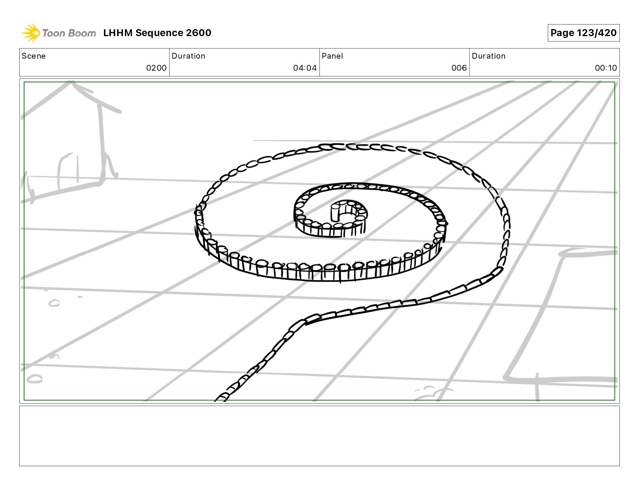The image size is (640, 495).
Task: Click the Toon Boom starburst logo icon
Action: click(x=31, y=33)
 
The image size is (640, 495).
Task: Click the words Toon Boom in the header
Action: click(x=69, y=33)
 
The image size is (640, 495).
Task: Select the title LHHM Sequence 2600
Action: click(x=157, y=33)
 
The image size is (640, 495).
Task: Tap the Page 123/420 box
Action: click(x=583, y=33)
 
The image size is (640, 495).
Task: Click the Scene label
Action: click(x=34, y=56)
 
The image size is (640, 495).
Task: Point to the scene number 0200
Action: click(x=156, y=68)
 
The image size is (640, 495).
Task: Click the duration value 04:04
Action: click(x=305, y=68)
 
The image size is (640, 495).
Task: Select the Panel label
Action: click(x=332, y=56)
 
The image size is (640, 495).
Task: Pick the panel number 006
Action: click(x=459, y=68)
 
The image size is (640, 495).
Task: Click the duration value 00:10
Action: click(x=606, y=68)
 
